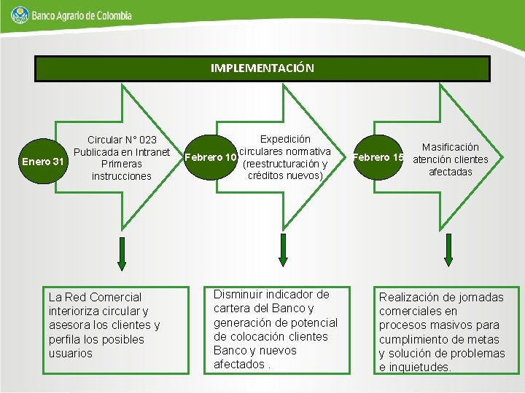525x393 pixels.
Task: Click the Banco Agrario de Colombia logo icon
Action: coord(20,14)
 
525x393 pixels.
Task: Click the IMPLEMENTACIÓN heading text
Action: coord(262,68)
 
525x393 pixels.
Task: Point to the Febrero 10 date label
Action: coord(211,157)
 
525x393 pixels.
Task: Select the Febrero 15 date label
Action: coord(378,157)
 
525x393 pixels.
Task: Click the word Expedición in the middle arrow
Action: coord(285,138)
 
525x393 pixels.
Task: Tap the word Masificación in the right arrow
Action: coord(451,147)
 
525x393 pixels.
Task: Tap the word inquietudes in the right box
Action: coord(419,368)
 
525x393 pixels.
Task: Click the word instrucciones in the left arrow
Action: coord(122,176)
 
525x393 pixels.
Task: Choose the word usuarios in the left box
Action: coord(70,353)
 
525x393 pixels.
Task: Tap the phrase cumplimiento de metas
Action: coord(439,339)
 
